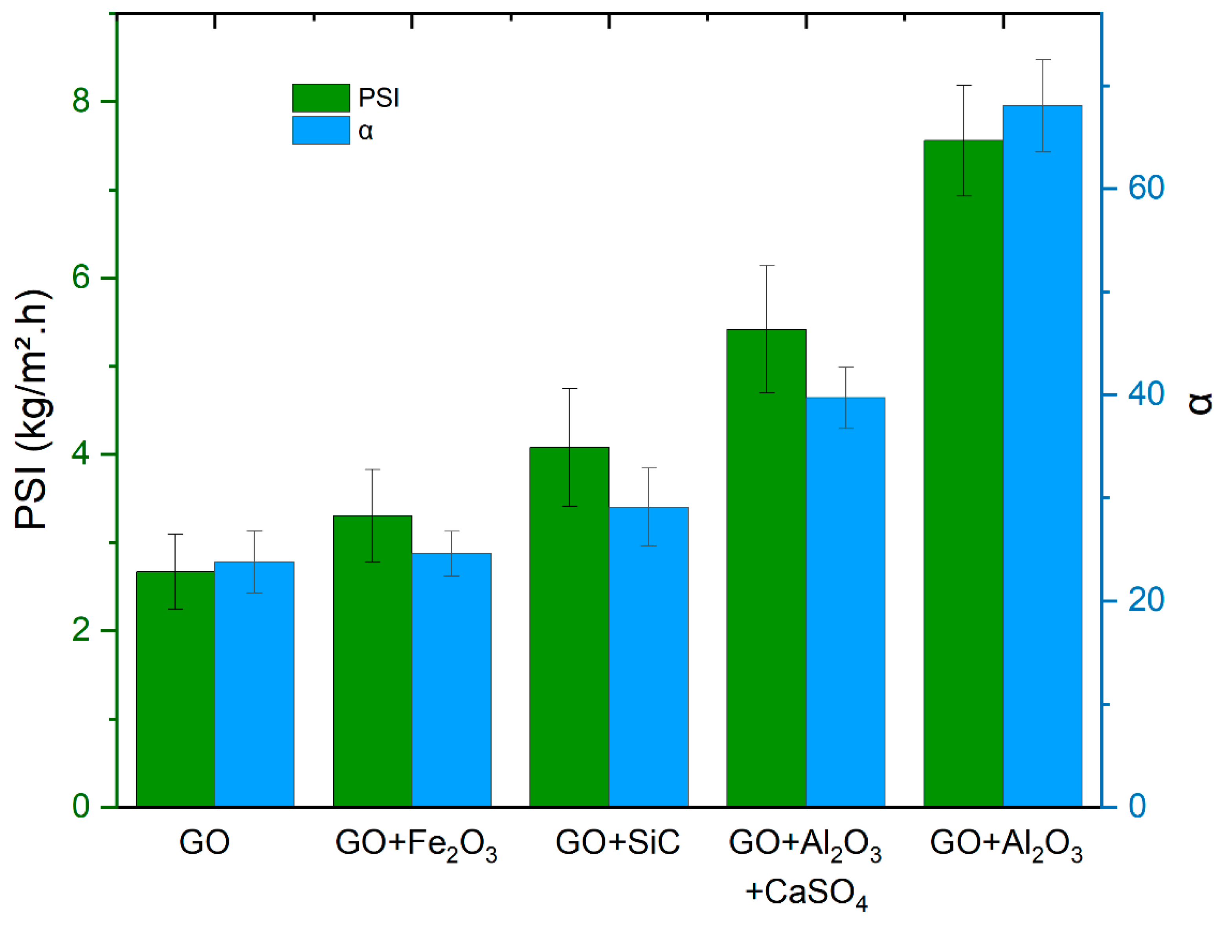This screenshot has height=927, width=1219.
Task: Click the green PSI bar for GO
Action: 175,690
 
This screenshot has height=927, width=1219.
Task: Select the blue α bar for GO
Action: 254,684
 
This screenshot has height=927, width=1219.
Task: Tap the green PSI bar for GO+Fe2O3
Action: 372,662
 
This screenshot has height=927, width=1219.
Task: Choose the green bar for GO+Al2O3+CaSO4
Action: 766,568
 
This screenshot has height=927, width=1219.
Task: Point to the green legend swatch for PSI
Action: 321,98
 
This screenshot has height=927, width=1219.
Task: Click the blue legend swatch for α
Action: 321,130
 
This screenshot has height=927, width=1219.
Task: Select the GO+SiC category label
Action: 617,843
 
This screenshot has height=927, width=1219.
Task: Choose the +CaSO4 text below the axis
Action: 806,893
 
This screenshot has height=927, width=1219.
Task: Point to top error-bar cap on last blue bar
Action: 1042,60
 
